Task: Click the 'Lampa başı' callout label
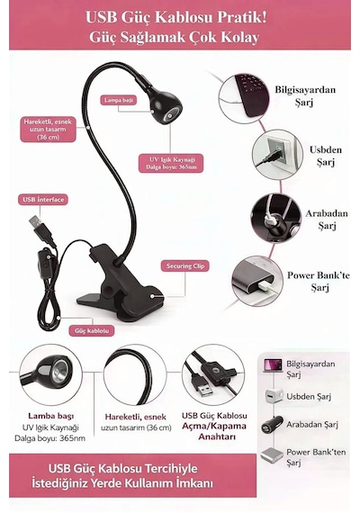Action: point(119,100)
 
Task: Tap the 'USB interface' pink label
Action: point(43,200)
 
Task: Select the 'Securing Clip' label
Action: point(184,266)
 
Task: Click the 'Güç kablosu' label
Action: point(92,330)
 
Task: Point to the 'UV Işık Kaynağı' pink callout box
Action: point(170,163)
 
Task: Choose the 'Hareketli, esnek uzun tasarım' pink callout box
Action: point(48,130)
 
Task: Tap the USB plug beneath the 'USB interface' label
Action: point(41,230)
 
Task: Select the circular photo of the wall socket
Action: point(277,155)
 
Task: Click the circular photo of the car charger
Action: point(275,218)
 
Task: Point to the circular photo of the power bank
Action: point(257,282)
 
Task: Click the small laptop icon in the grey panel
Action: point(273,365)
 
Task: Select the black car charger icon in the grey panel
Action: point(272,425)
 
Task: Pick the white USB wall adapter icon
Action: point(274,395)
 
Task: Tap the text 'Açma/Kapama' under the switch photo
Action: point(214,426)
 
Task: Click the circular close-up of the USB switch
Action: point(213,374)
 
